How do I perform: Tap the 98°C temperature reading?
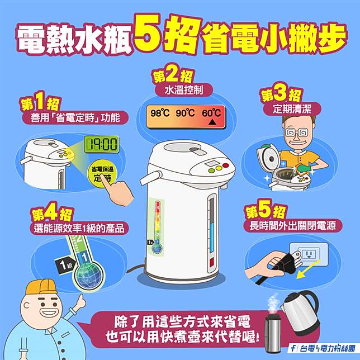point(160,113)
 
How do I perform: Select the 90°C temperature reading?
point(185,113)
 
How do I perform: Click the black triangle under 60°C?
point(212,122)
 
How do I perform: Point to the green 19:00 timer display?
point(101,144)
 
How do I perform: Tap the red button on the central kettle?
point(226,165)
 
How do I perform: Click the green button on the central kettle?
point(211,170)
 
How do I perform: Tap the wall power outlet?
point(309,254)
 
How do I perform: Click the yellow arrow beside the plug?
point(308,269)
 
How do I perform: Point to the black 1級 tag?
point(64,265)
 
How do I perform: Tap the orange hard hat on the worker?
point(41,287)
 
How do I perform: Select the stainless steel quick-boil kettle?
point(301,312)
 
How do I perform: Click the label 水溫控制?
point(184,91)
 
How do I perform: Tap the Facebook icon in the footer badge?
point(293,348)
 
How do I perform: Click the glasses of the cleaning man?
point(297,132)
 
